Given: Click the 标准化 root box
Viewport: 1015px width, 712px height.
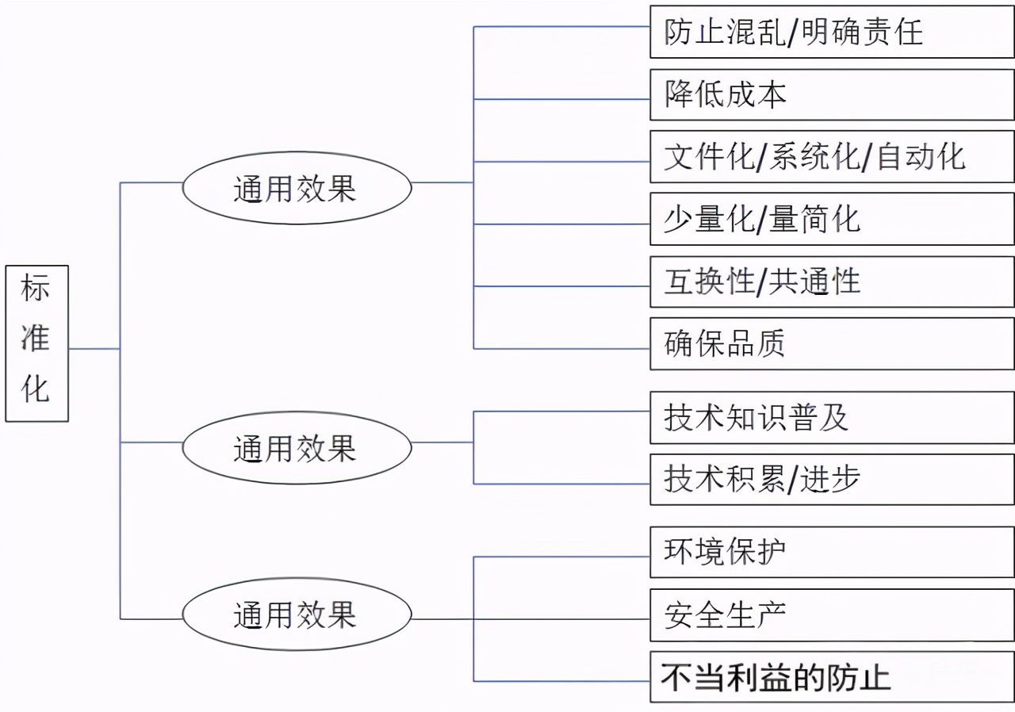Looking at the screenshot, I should pyautogui.click(x=36, y=343).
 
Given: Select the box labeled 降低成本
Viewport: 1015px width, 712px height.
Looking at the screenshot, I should pyautogui.click(x=831, y=95).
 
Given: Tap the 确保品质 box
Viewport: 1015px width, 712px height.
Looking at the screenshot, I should pyautogui.click(x=831, y=344).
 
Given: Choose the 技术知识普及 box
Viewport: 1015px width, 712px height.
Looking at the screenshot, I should pyautogui.click(x=831, y=417).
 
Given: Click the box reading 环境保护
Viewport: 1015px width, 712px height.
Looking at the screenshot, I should pyautogui.click(x=831, y=552).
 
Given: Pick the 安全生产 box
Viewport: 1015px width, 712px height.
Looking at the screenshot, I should pyautogui.click(x=831, y=615).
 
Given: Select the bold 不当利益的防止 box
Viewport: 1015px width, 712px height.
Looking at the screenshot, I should pyautogui.click(x=831, y=678).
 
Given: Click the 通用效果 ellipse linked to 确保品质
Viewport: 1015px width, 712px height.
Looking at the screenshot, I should pyautogui.click(x=297, y=188).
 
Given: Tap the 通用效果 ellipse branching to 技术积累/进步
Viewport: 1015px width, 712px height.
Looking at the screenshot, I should pyautogui.click(x=297, y=448).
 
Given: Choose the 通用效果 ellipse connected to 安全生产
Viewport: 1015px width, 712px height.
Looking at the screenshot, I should pyautogui.click(x=297, y=614).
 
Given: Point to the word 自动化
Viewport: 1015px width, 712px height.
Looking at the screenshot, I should pyautogui.click(x=921, y=157).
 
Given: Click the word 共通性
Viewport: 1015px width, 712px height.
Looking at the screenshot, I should pyautogui.click(x=814, y=282).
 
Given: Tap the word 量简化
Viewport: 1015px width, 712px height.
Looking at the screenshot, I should pyautogui.click(x=814, y=220).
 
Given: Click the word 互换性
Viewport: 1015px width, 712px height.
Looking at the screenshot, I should pyautogui.click(x=709, y=282).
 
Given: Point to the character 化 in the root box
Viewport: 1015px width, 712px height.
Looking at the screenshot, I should pyautogui.click(x=36, y=389).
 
